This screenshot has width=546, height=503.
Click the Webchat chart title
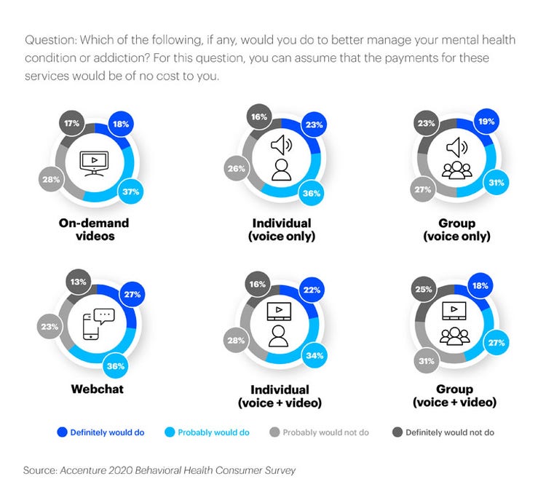click(x=97, y=389)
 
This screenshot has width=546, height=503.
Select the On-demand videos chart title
click(x=94, y=229)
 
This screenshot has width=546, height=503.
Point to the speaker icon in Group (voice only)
click(x=456, y=148)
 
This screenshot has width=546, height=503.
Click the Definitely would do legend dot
click(x=62, y=432)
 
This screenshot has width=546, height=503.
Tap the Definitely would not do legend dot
click(x=397, y=432)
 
